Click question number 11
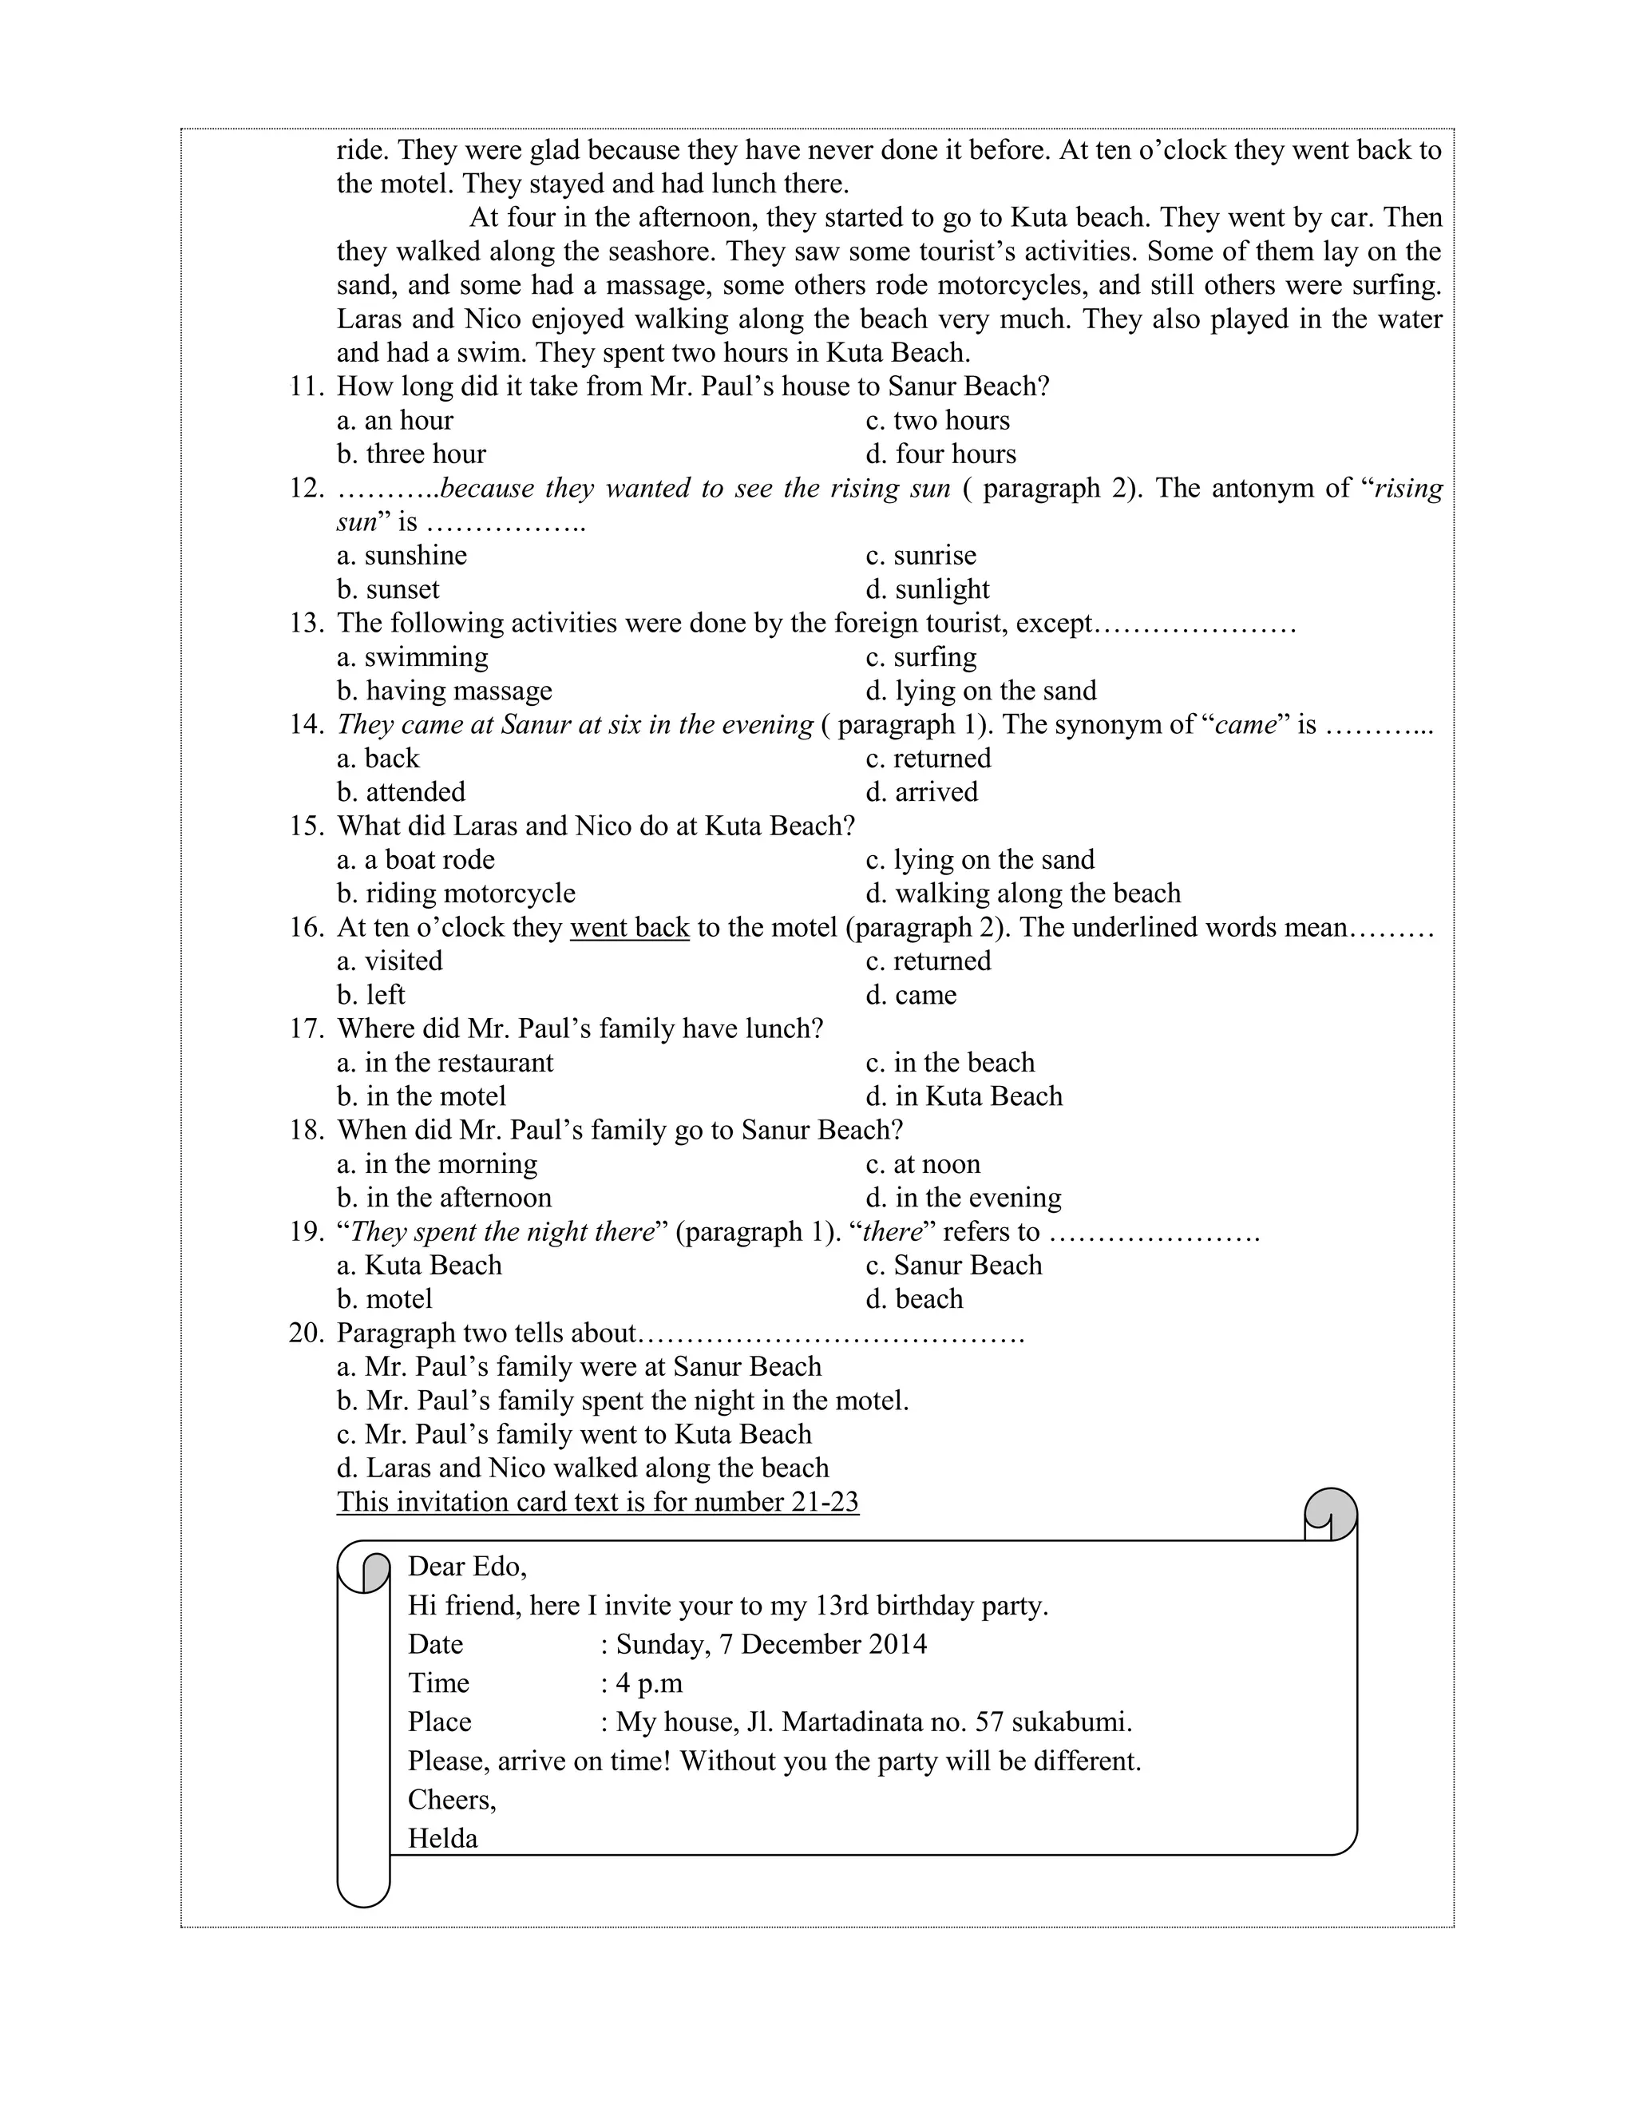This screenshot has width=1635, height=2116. click(x=305, y=386)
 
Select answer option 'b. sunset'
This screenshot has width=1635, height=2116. click(x=389, y=589)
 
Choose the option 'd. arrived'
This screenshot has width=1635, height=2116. click(x=922, y=791)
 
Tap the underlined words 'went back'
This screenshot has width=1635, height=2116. click(x=630, y=927)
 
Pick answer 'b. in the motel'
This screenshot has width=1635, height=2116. click(x=422, y=1096)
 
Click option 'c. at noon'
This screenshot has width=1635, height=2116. click(x=923, y=1163)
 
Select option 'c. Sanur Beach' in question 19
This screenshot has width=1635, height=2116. click(x=954, y=1266)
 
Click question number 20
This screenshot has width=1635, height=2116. click(x=305, y=1333)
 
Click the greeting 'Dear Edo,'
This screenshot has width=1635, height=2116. click(x=467, y=1567)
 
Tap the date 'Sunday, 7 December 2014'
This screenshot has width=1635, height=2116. click(x=771, y=1644)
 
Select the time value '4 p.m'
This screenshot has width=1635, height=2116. click(x=649, y=1683)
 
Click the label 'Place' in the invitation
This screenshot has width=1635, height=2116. click(x=440, y=1722)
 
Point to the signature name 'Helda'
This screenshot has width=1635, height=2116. click(x=442, y=1838)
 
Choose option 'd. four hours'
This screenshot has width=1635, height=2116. click(x=941, y=454)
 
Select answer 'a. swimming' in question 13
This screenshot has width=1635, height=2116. click(x=413, y=657)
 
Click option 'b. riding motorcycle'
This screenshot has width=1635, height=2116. click(x=456, y=894)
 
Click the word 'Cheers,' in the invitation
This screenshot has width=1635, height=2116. click(x=451, y=1799)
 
